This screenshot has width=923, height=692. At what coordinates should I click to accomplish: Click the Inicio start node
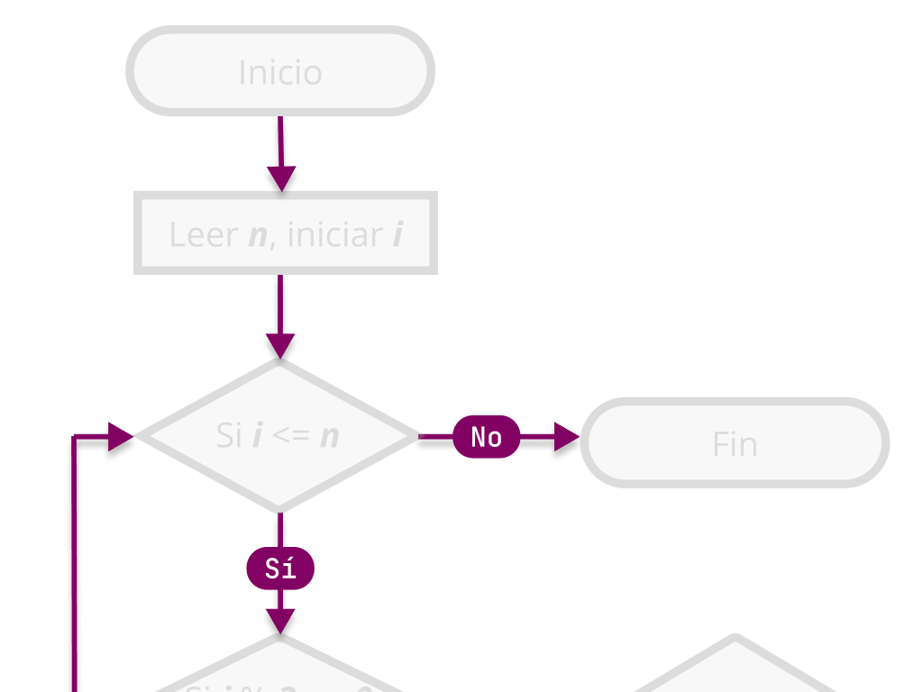(280, 71)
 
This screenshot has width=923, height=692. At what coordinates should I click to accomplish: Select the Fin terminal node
(735, 442)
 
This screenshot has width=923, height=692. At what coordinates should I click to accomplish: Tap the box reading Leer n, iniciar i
(285, 233)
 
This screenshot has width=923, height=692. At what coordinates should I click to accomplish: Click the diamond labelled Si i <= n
(279, 436)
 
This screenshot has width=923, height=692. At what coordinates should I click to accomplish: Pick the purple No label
(487, 437)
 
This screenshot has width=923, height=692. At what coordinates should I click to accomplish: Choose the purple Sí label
(280, 569)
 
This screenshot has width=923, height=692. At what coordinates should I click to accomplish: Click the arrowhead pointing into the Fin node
(567, 437)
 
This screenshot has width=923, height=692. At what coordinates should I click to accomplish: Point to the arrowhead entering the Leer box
(281, 178)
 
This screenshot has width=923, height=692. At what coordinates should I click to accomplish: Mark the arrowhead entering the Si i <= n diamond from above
(280, 346)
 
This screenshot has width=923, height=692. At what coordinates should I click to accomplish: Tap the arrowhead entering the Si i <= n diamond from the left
(121, 436)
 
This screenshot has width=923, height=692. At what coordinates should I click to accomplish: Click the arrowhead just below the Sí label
(280, 621)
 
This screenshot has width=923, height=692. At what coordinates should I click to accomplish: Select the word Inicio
(280, 72)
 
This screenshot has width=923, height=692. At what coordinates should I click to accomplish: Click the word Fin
(735, 444)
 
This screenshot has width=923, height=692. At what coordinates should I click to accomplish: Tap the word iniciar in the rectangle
(334, 235)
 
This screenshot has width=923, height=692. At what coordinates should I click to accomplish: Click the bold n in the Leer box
(259, 236)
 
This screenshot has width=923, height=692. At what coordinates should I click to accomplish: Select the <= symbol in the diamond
(291, 436)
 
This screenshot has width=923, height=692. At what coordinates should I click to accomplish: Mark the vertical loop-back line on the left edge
(74, 568)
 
